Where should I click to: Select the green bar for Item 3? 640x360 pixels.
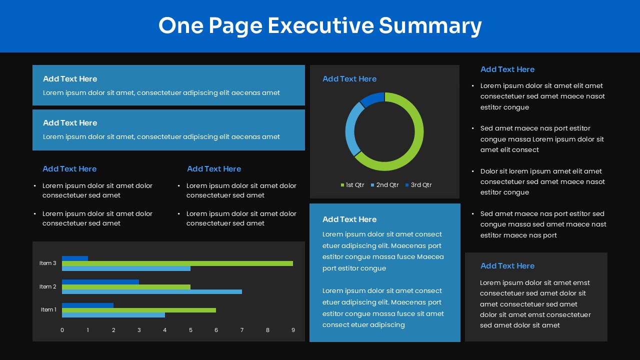tap(177, 263)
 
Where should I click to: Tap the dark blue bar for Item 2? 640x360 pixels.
tap(100, 281)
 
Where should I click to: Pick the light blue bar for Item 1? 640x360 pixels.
tap(113, 315)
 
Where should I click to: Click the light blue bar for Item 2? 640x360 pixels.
tap(152, 291)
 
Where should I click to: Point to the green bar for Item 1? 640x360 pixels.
tap(139, 310)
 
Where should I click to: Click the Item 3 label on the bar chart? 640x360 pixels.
tap(48, 263)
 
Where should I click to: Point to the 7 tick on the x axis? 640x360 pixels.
tap(242, 330)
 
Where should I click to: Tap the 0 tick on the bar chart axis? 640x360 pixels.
tap(62, 330)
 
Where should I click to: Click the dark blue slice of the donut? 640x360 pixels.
tap(372, 99)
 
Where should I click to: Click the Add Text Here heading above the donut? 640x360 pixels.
tap(349, 79)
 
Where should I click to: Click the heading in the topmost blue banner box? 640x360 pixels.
tap(70, 79)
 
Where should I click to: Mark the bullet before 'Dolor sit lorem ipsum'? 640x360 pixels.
tap(473, 171)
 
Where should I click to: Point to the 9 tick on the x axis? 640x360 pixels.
tap(293, 330)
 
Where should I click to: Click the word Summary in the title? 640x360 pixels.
tap(430, 25)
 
